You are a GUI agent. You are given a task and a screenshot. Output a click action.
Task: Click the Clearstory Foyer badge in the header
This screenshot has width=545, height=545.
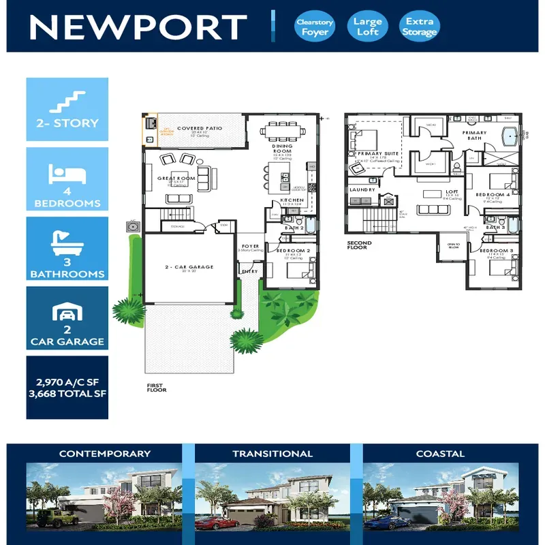315,27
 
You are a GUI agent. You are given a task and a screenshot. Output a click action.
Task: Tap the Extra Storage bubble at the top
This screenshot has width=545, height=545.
419,27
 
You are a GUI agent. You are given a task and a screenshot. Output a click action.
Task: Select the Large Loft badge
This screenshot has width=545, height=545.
367,27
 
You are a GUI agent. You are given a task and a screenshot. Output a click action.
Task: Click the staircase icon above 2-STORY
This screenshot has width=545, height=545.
67,102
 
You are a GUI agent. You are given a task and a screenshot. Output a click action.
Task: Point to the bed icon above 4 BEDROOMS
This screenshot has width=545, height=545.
67,174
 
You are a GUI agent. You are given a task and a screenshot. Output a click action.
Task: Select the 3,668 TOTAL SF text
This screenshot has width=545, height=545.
67,393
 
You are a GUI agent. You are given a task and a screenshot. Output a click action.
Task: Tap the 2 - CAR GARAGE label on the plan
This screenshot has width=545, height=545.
189,267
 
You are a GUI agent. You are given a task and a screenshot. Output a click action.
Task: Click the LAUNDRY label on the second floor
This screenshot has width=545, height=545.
362,189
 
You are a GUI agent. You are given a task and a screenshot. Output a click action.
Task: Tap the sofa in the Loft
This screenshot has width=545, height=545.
433,210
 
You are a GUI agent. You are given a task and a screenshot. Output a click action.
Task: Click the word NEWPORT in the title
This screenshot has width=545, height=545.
138,27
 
